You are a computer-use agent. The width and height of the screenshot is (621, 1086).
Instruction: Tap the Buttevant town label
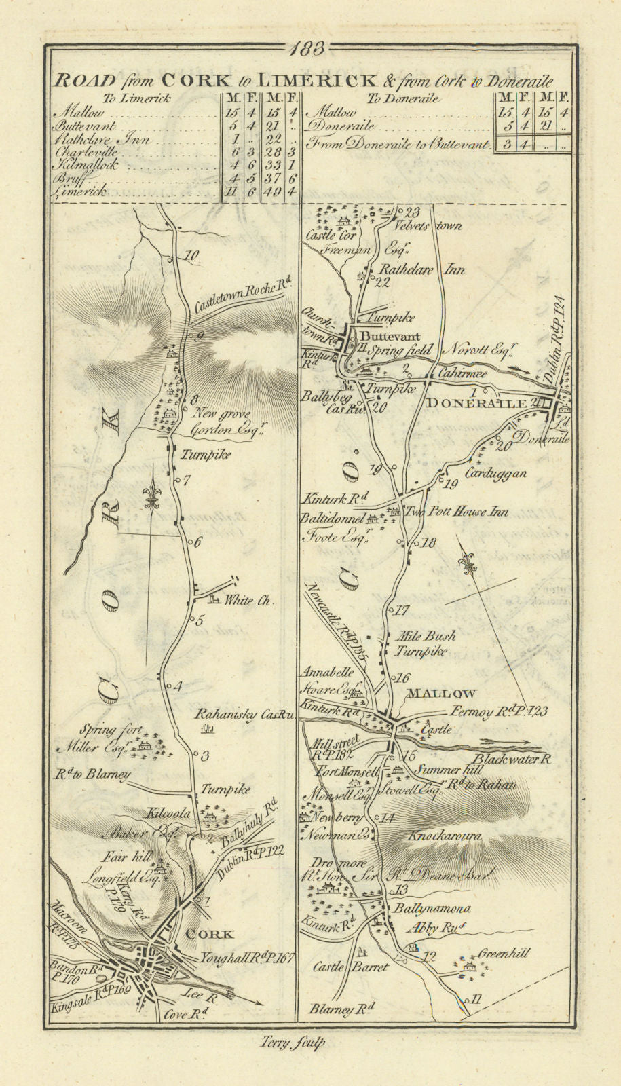pyautogui.click(x=391, y=336)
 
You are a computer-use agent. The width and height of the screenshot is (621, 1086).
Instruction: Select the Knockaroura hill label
pyautogui.click(x=445, y=838)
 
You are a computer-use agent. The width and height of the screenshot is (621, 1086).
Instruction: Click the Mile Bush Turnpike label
pyautogui.click(x=426, y=643)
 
